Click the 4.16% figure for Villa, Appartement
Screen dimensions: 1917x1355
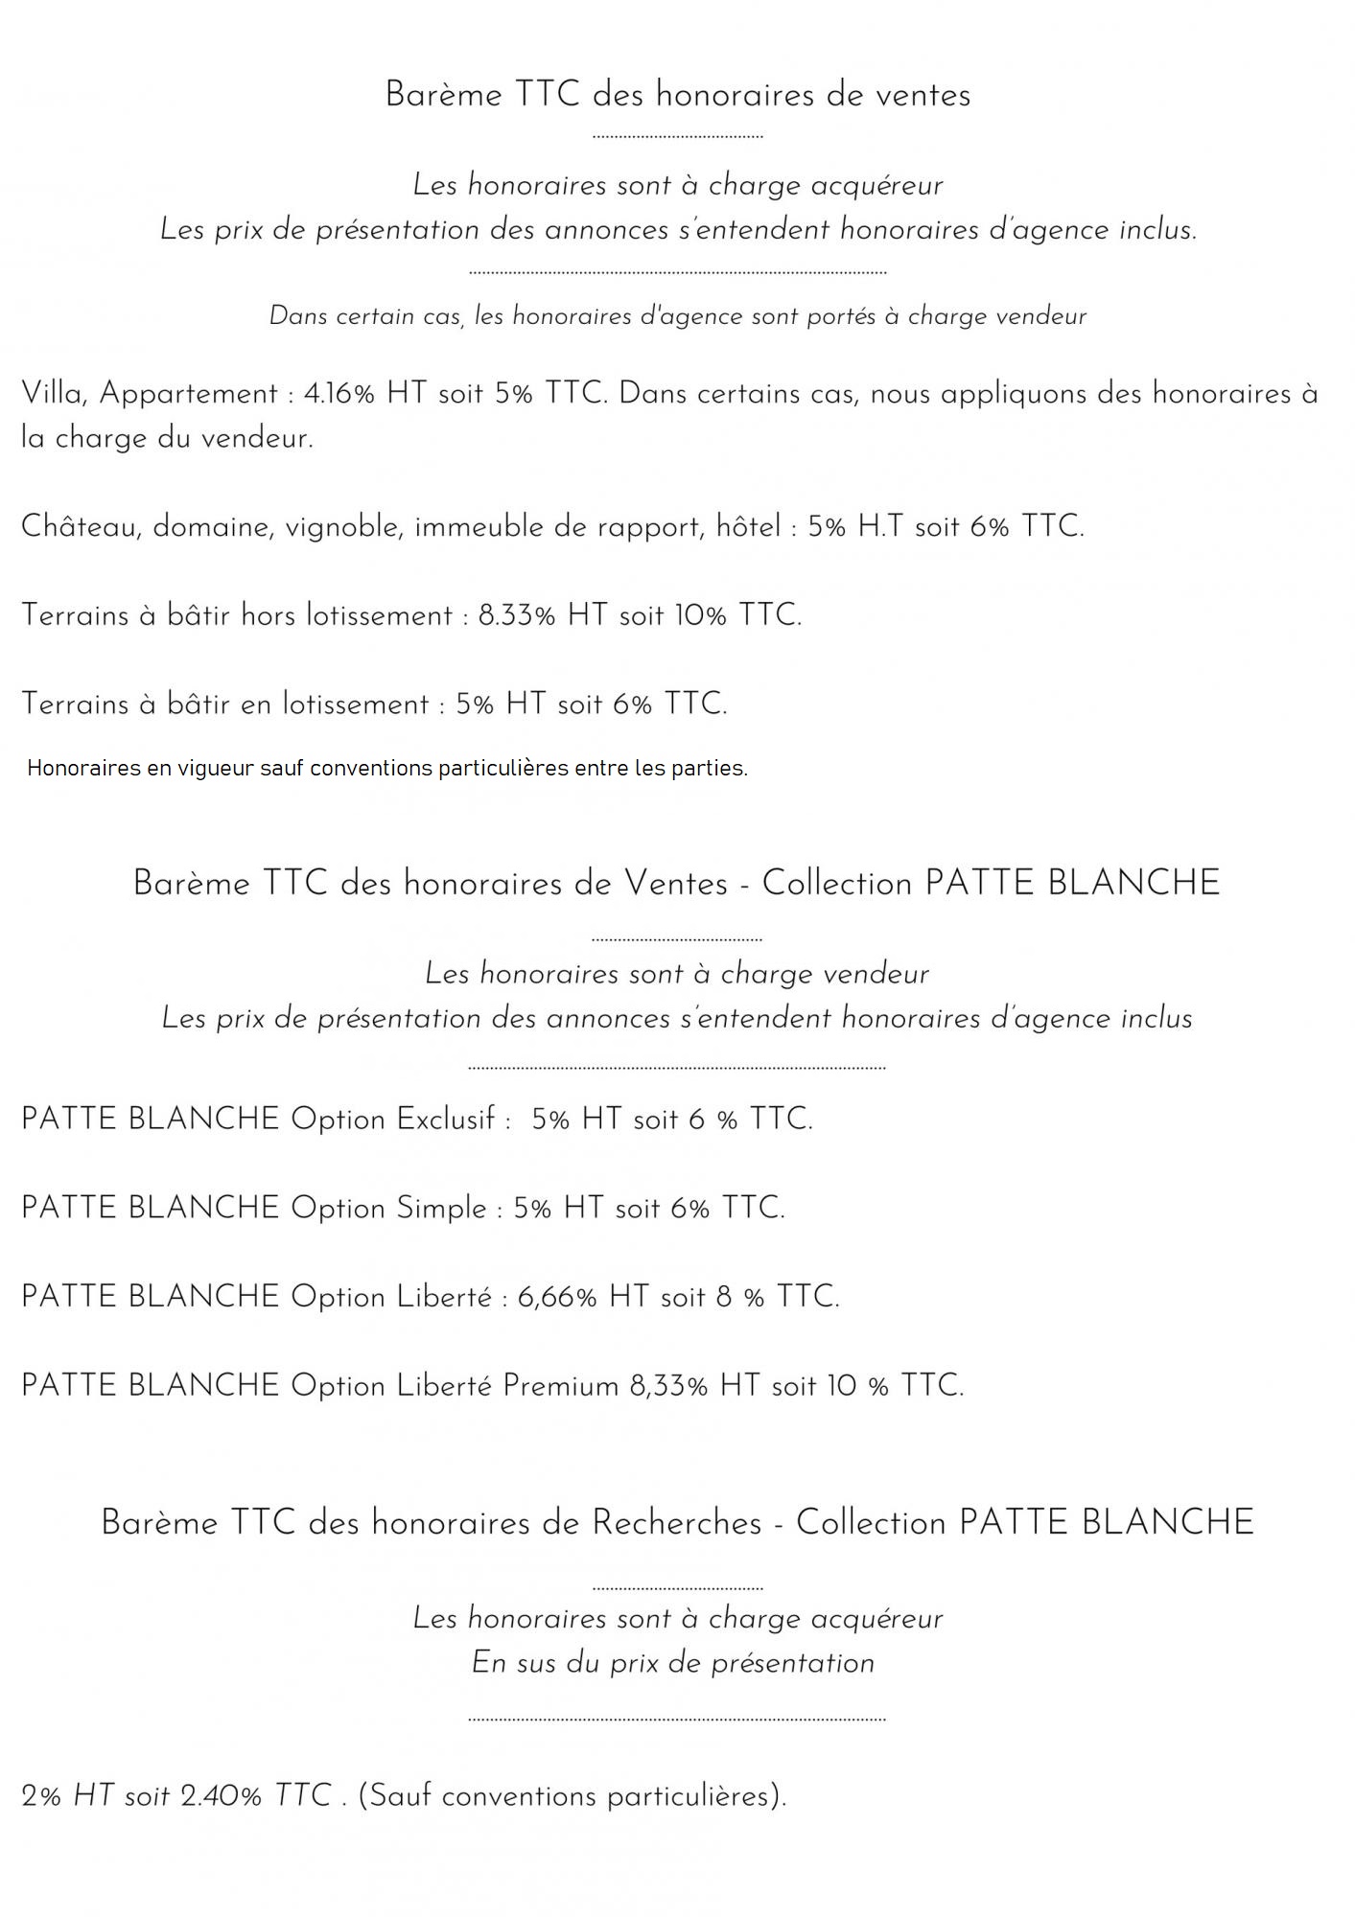point(339,394)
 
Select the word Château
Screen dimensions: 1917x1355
point(81,526)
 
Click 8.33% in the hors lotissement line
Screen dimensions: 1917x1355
point(517,615)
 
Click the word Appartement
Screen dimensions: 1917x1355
point(189,395)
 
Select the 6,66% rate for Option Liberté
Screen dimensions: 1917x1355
point(557,1298)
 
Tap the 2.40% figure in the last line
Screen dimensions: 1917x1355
point(221,1796)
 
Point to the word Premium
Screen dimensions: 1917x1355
point(561,1386)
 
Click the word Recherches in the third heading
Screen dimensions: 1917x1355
point(677,1523)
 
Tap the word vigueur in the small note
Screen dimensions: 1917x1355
point(216,769)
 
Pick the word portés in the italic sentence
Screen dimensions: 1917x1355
point(840,316)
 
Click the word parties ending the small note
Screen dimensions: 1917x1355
point(713,769)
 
